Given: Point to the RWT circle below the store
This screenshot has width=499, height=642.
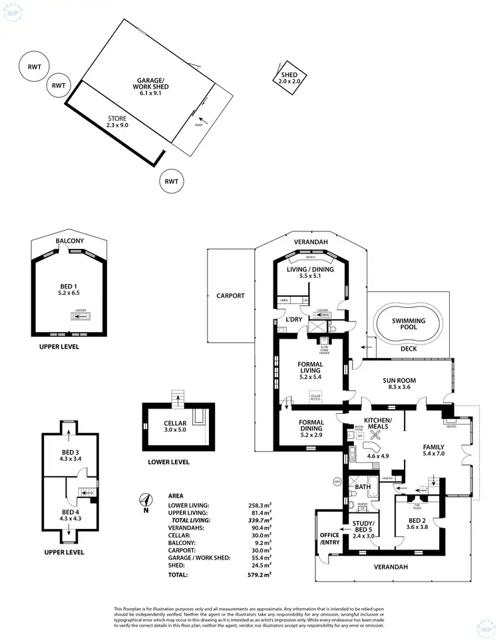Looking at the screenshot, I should pos(172,180).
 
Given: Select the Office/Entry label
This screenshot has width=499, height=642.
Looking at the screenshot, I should pos(329,539).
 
